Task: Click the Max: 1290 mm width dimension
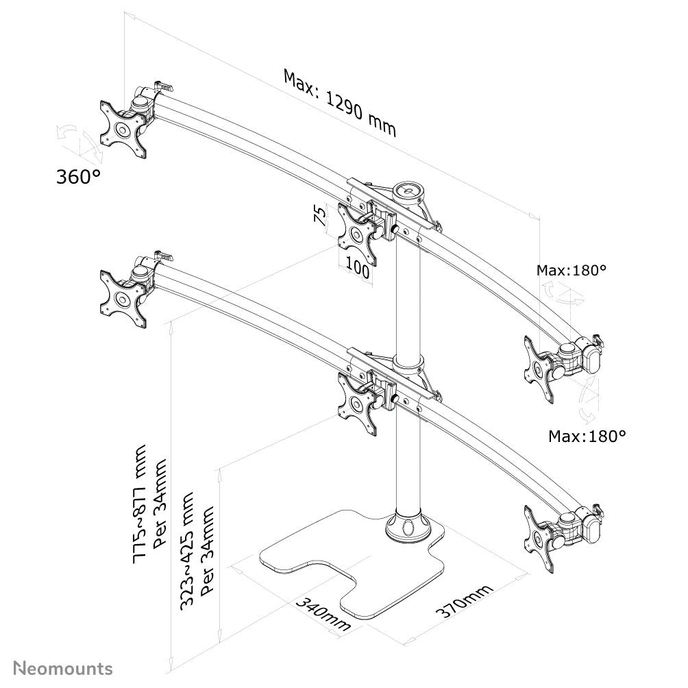(340, 103)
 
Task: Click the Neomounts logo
(64, 667)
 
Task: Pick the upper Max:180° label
(572, 270)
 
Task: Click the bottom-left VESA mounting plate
(123, 300)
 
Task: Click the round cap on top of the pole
(410, 189)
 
